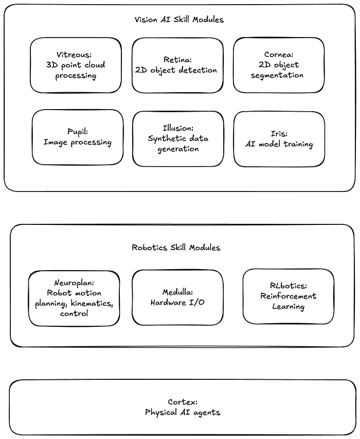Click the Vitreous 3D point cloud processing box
pos(76,65)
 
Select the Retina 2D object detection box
pos(177,65)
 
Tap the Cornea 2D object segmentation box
pos(278,65)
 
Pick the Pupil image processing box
pos(77,137)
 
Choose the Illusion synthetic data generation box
pos(178,138)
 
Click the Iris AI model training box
pos(279,139)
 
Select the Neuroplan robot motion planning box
pos(74,298)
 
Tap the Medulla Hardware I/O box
pos(177,297)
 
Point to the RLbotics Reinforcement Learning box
pos(288,296)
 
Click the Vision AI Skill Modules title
pos(179,20)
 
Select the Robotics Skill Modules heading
pos(176,248)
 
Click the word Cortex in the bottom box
pos(183,402)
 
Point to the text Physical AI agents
pos(183,412)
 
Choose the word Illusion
pos(178,128)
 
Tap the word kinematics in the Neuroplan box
pos(93,304)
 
